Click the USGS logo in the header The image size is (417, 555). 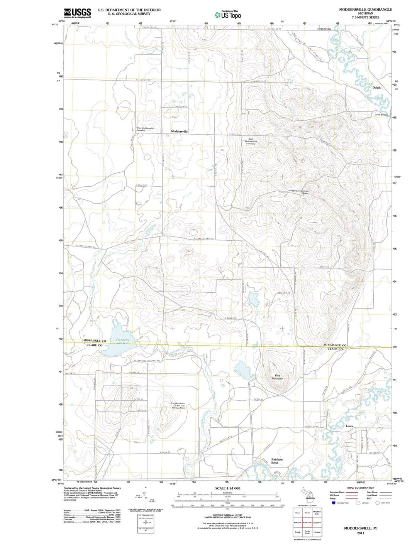pyautogui.click(x=77, y=13)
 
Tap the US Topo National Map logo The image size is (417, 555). pyautogui.click(x=228, y=15)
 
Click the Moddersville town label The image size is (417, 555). pyautogui.click(x=179, y=132)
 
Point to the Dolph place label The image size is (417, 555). pyautogui.click(x=376, y=88)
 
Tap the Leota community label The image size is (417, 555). pyautogui.click(x=349, y=426)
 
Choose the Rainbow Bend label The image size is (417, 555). pyautogui.click(x=277, y=461)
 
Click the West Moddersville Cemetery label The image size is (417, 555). pyautogui.click(x=145, y=129)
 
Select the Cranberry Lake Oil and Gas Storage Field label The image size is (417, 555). pyautogui.click(x=178, y=405)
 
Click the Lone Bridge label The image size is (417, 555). pyautogui.click(x=381, y=115)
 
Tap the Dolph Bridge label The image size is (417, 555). pyautogui.click(x=324, y=29)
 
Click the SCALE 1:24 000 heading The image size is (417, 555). pyautogui.click(x=227, y=488)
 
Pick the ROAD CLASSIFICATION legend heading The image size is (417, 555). pyautogui.click(x=361, y=488)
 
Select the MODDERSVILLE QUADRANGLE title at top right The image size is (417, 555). pyautogui.click(x=360, y=9)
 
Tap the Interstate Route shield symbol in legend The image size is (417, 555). pyautogui.click(x=333, y=503)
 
